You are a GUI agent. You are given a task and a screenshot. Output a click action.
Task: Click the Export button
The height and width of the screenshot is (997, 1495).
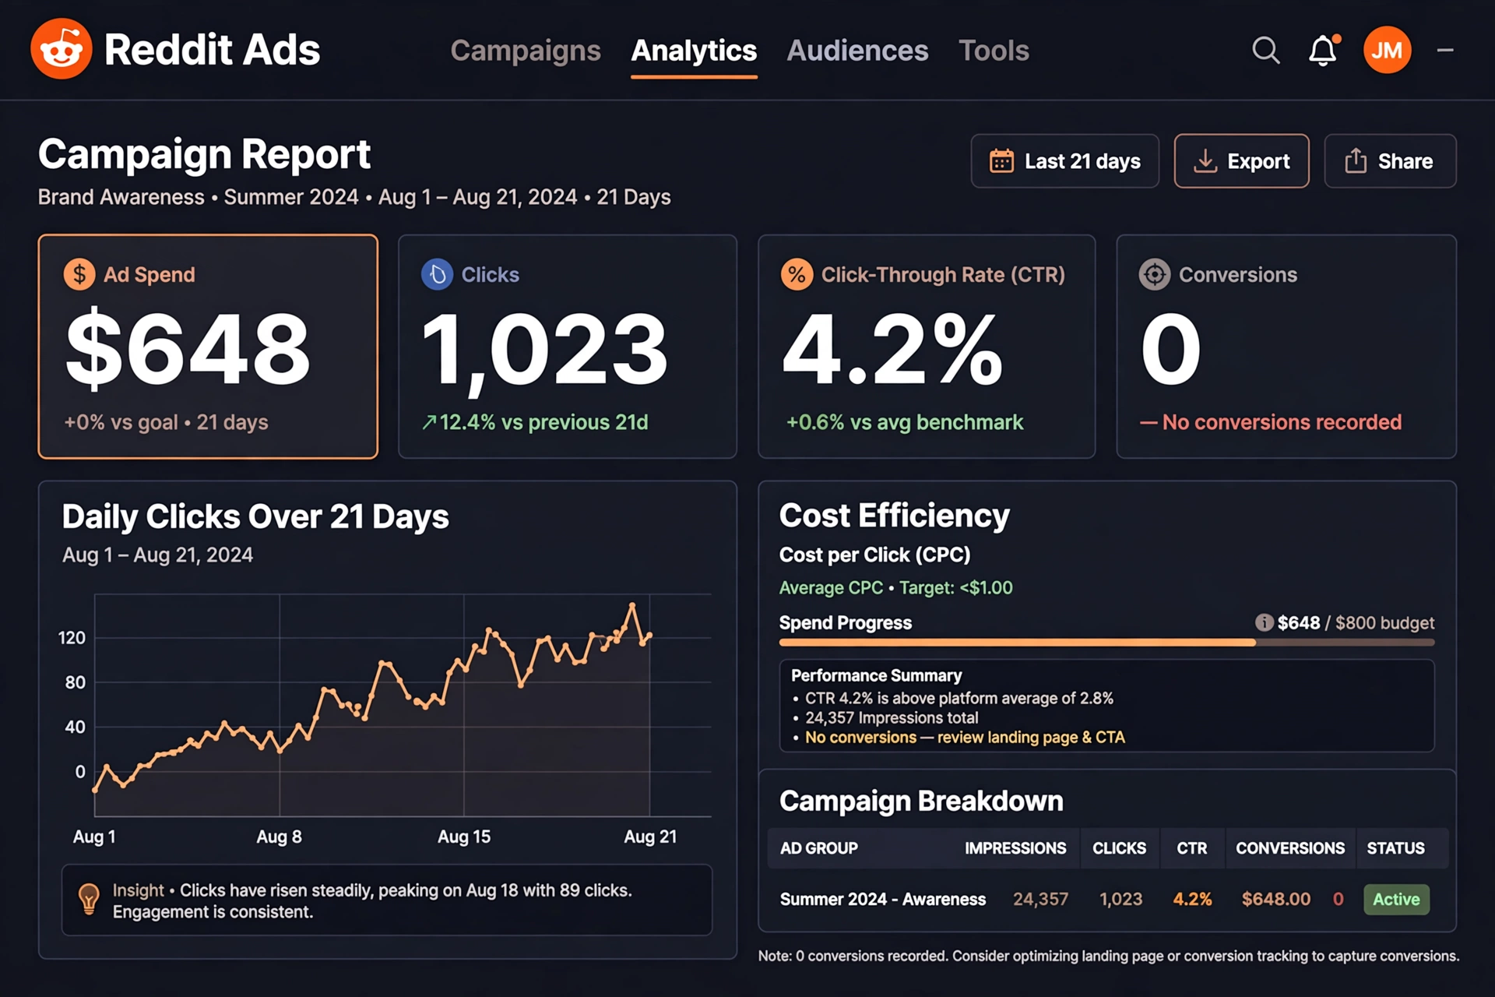click(1241, 161)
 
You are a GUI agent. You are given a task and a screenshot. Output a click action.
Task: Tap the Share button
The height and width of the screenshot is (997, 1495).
click(1390, 161)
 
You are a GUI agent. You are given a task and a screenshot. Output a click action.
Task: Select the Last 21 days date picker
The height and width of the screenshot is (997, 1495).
click(1064, 161)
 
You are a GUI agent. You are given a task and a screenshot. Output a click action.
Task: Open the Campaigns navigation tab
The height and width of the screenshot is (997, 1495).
click(526, 51)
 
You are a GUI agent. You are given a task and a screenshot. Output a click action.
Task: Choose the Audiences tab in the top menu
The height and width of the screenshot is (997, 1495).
click(857, 51)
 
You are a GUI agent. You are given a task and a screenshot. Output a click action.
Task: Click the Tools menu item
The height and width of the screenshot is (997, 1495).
click(994, 51)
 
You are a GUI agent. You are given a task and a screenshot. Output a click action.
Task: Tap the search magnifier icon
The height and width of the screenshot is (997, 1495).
click(1266, 51)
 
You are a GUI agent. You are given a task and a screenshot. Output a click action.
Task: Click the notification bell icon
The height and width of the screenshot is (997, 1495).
click(1323, 51)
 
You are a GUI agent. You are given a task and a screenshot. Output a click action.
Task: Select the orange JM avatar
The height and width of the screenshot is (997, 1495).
click(1387, 50)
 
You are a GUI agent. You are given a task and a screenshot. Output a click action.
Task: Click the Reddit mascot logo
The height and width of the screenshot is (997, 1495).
click(62, 49)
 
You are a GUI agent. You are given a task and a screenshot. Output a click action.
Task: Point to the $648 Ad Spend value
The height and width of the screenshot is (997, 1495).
click(188, 348)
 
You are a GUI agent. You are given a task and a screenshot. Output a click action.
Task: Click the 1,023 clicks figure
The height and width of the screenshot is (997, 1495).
click(544, 348)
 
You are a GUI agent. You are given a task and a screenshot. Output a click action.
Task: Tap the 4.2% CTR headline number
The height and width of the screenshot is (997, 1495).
click(892, 348)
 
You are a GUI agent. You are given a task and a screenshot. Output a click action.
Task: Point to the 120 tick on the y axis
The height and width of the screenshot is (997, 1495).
click(72, 638)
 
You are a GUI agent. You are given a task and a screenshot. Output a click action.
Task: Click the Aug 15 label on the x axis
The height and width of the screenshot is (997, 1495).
click(464, 837)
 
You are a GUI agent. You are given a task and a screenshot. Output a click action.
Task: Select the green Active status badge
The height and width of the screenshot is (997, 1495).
click(1396, 900)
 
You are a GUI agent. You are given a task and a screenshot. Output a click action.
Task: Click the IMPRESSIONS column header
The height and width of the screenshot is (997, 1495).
click(1015, 848)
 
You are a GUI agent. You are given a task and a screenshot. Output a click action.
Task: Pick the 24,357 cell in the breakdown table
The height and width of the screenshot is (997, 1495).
click(1040, 900)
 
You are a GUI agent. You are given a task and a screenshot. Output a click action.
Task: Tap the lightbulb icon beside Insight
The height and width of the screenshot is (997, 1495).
click(89, 898)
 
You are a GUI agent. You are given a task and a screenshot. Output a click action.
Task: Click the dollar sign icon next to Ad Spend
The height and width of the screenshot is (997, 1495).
click(79, 274)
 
